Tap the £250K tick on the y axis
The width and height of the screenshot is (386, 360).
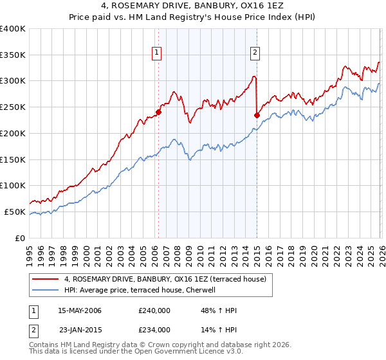(12, 107)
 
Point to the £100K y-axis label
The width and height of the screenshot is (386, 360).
(12, 186)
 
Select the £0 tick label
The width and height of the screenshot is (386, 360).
(19, 238)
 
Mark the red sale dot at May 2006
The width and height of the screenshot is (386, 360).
(158, 112)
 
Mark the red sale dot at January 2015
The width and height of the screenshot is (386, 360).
(257, 116)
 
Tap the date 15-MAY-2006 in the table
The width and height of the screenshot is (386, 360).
(79, 310)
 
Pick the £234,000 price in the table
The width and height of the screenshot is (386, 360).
(154, 330)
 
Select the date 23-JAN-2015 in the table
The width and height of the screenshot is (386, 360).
(79, 330)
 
